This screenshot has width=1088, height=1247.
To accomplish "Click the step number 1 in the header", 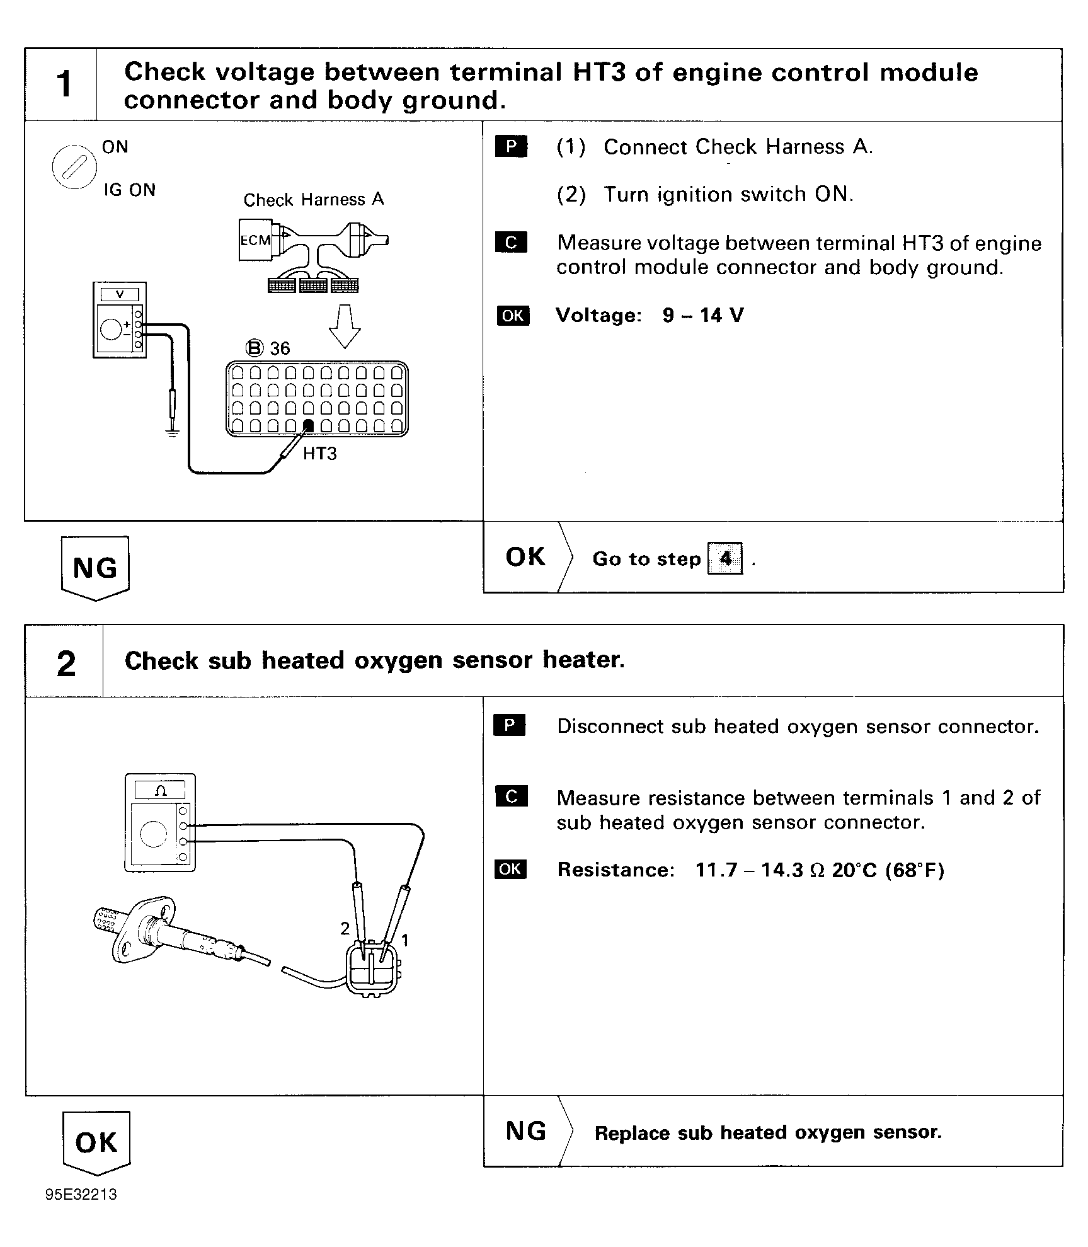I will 64,84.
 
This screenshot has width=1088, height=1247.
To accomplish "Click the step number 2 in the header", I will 66,664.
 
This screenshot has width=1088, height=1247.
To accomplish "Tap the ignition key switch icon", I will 74,167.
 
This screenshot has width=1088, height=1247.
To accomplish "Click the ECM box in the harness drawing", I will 256,240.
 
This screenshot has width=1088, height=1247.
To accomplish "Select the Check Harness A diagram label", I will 314,200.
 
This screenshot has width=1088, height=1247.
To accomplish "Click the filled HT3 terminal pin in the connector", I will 308,426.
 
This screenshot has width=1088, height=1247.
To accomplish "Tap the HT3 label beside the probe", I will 319,454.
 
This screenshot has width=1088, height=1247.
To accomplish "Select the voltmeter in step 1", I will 120,320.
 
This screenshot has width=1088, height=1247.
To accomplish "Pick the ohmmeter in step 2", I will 160,823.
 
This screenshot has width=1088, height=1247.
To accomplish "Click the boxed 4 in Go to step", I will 725,558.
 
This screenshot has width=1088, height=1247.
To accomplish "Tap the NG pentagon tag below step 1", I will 95,568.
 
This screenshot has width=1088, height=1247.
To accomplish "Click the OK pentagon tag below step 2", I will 96,1142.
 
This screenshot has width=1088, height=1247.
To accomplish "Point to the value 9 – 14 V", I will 702,315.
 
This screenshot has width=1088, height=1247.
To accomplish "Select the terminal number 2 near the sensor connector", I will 345,928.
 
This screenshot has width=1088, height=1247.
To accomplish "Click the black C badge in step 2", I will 511,796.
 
